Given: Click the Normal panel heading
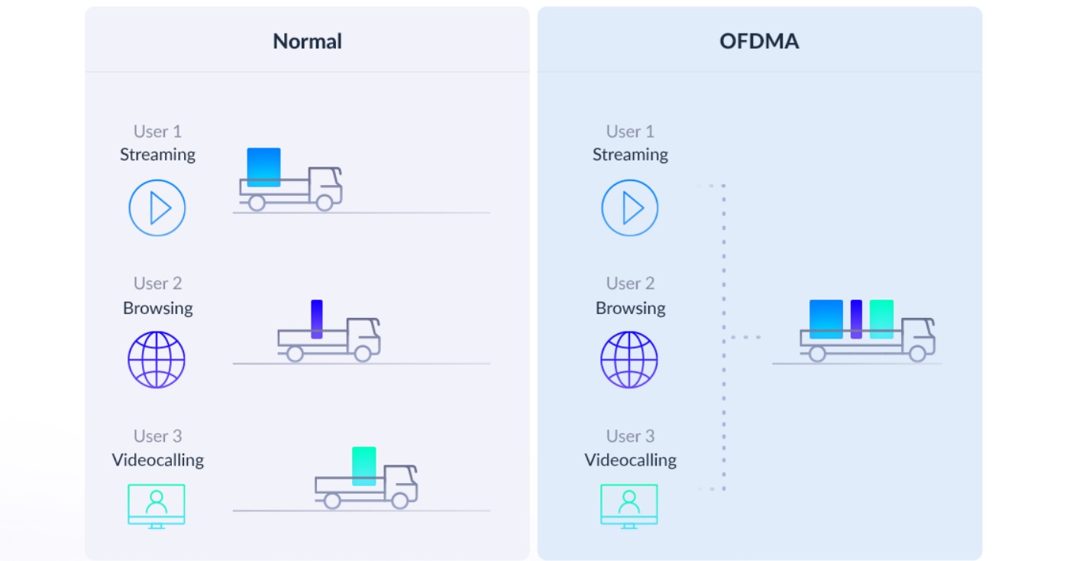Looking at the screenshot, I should click(x=307, y=41).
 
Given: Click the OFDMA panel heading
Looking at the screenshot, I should click(x=759, y=41).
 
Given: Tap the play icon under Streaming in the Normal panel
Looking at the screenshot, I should click(x=157, y=207).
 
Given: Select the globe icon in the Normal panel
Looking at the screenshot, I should click(x=157, y=359).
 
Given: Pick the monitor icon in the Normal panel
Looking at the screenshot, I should click(x=157, y=504).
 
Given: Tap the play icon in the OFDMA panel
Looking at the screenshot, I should click(x=630, y=207).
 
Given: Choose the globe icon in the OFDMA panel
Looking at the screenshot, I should click(x=629, y=359).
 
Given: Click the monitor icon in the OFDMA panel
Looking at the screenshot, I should click(x=629, y=504).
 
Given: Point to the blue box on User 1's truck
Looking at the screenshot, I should click(x=263, y=167).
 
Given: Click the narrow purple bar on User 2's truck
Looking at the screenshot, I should click(x=317, y=319).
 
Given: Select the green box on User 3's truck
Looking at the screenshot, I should click(x=364, y=465).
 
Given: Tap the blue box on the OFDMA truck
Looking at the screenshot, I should click(x=826, y=319).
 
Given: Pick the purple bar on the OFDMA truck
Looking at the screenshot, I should click(x=856, y=319).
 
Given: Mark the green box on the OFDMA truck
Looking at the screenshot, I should click(x=881, y=319).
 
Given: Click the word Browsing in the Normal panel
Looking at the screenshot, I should click(x=158, y=308).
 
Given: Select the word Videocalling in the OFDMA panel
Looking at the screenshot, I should click(x=630, y=460).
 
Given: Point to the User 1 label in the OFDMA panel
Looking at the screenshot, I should click(x=630, y=131).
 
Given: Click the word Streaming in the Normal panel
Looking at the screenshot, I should click(x=158, y=154).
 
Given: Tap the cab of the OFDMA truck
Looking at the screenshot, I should click(x=918, y=333).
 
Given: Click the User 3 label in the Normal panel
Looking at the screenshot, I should click(x=158, y=436).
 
